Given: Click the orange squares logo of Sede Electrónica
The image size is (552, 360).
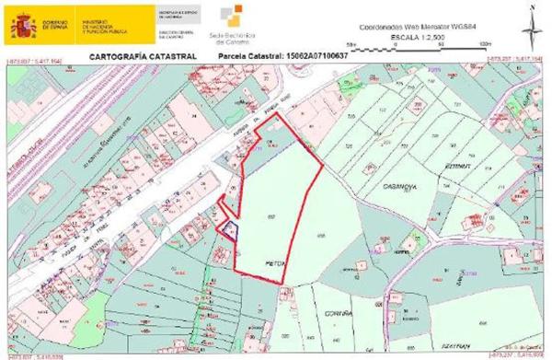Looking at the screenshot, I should click(236, 16).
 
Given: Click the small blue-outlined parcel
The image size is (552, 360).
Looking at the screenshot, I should click(231, 228).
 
